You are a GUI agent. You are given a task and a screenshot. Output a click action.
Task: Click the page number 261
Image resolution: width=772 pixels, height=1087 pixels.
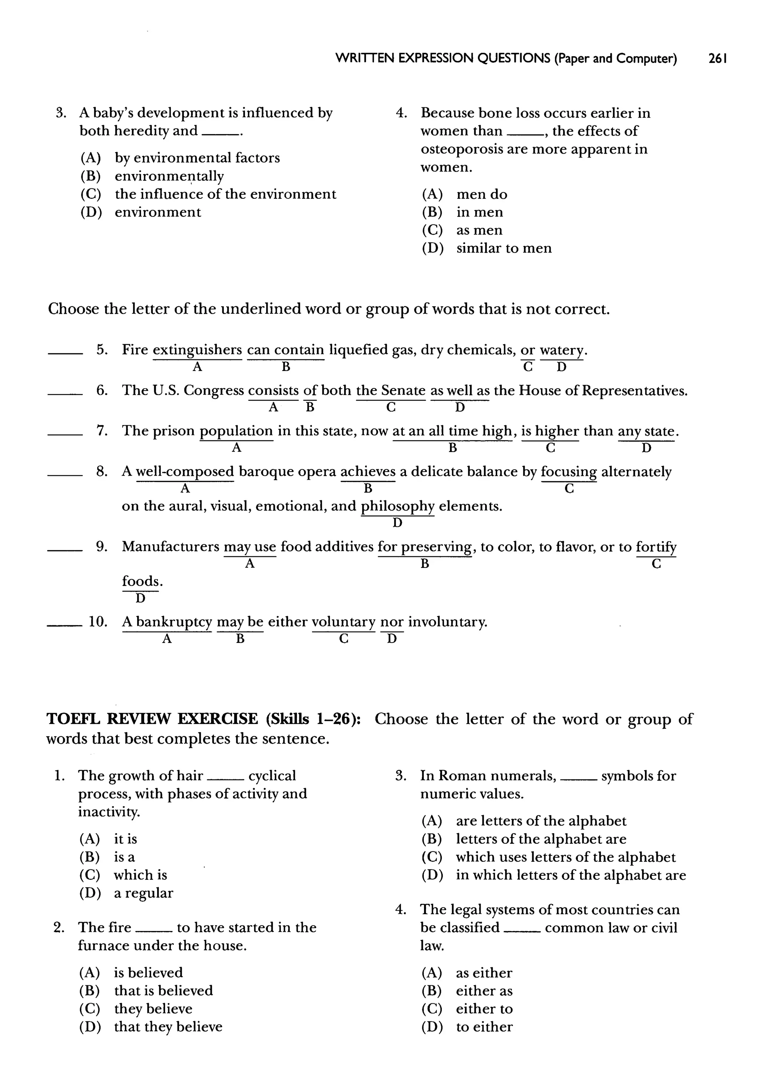coord(717,58)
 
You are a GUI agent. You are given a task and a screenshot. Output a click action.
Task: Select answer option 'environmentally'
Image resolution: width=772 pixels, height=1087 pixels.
coord(169,176)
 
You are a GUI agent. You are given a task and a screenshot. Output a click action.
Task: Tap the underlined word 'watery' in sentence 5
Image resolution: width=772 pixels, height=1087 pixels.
coord(561,350)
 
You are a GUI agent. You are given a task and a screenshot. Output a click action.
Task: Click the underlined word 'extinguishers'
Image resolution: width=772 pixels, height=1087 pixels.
coord(197,350)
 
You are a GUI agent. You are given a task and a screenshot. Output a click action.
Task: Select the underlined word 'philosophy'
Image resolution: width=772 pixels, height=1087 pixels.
coord(397,506)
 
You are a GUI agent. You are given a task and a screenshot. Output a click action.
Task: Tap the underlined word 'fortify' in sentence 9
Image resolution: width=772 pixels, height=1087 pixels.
coord(656,547)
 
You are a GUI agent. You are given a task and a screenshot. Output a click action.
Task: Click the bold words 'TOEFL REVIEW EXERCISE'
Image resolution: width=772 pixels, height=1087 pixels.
coord(152,719)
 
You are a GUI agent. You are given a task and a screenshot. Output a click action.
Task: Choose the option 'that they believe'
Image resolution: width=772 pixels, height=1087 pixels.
coord(168,1027)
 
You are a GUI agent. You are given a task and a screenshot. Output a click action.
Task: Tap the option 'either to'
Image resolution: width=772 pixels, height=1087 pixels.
coord(484,1009)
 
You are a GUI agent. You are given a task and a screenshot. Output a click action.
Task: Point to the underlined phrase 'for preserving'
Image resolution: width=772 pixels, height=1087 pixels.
coord(424,547)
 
